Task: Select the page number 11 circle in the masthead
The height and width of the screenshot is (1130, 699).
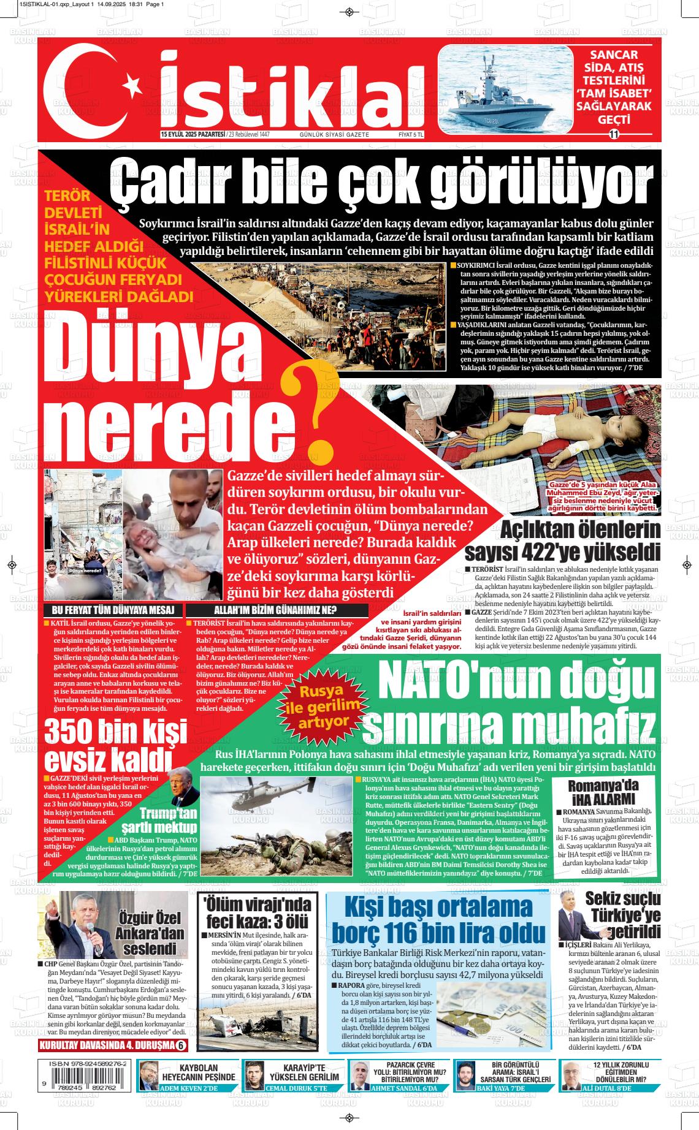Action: click(x=613, y=134)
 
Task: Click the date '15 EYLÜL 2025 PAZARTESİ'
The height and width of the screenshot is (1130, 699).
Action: click(x=192, y=134)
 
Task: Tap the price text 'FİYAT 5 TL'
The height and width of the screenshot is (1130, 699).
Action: click(x=411, y=134)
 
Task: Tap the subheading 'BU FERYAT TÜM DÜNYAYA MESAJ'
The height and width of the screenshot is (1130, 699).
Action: click(x=114, y=610)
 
